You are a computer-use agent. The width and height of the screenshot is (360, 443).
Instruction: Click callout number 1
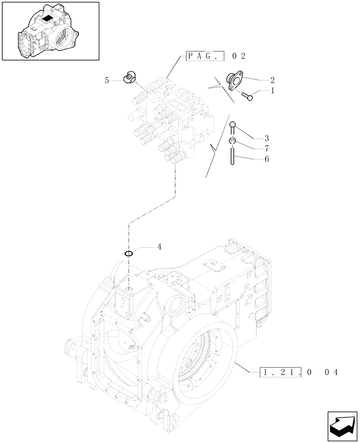point(272,90)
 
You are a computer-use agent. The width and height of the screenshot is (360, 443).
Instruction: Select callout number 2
point(272,80)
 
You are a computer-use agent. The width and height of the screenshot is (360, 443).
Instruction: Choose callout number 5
point(106,80)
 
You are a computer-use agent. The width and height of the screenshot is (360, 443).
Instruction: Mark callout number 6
point(267,159)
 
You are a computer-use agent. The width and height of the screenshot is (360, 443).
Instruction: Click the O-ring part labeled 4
point(129,254)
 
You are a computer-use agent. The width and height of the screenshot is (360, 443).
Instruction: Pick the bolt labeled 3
point(233,128)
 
